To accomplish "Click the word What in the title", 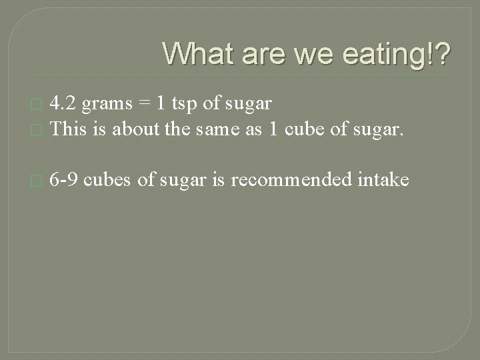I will coord(199,53).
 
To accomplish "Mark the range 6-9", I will coord(65,179).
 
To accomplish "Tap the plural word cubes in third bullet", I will coord(111,179).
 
